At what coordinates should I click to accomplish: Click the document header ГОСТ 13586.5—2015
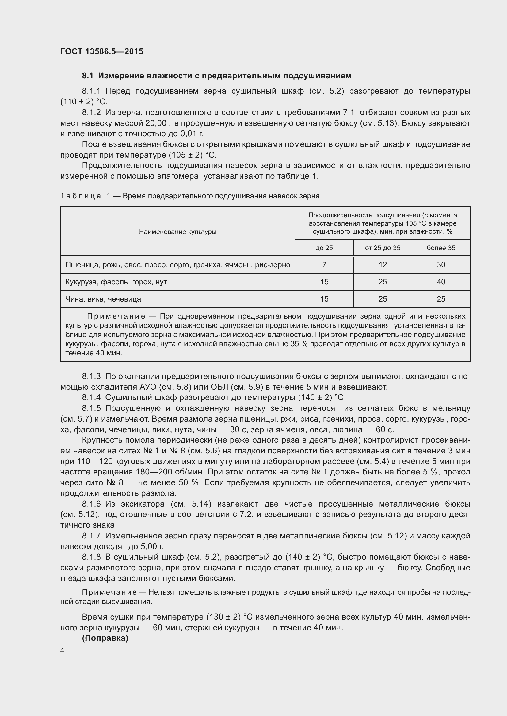pos(102,51)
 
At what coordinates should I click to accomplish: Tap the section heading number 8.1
pos(88,76)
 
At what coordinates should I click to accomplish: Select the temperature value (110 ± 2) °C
pos(84,102)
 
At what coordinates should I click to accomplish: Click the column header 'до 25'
pos(324,248)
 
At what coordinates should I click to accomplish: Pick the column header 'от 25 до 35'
pos(383,248)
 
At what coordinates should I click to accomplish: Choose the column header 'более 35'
pos(441,248)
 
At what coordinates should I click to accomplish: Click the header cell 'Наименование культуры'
pos(178,232)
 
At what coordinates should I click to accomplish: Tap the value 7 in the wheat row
pos(324,265)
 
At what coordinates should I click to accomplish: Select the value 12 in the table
pos(383,265)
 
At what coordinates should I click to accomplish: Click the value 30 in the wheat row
pos(441,265)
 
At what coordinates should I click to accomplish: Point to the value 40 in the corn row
pos(441,282)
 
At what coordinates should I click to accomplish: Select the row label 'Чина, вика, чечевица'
pos(103,299)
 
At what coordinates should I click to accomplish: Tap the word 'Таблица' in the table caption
pos(81,196)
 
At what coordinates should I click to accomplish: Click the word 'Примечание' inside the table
pos(116,316)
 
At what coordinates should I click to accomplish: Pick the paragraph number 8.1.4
pos(91,398)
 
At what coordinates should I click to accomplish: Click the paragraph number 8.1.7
pos(91,536)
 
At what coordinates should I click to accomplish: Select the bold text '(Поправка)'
pos(105,638)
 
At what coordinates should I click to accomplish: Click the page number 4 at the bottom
pos(63,650)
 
